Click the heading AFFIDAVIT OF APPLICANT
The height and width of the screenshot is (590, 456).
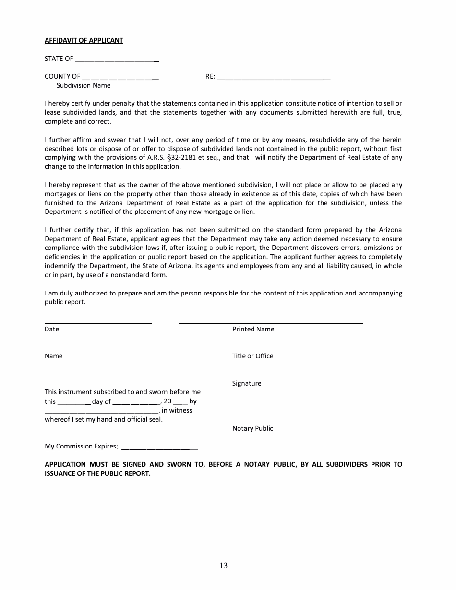point(84,40)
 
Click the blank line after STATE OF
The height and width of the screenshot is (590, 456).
point(117,61)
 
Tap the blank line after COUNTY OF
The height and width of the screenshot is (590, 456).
point(120,78)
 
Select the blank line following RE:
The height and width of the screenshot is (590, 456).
point(274,78)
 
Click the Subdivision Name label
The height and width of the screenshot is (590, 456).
point(84,86)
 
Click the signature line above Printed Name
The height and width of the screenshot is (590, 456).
point(271,323)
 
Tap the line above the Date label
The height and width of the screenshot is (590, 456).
point(98,323)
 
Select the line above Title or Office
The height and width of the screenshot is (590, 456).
point(271,350)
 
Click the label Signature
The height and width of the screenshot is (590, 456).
point(247,384)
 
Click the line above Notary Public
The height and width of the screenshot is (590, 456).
point(284,422)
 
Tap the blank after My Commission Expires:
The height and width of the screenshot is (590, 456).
point(159,448)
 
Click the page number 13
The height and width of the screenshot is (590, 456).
point(224,566)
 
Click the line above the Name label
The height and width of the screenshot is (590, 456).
point(98,350)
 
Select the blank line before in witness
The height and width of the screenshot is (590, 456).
point(101,413)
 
